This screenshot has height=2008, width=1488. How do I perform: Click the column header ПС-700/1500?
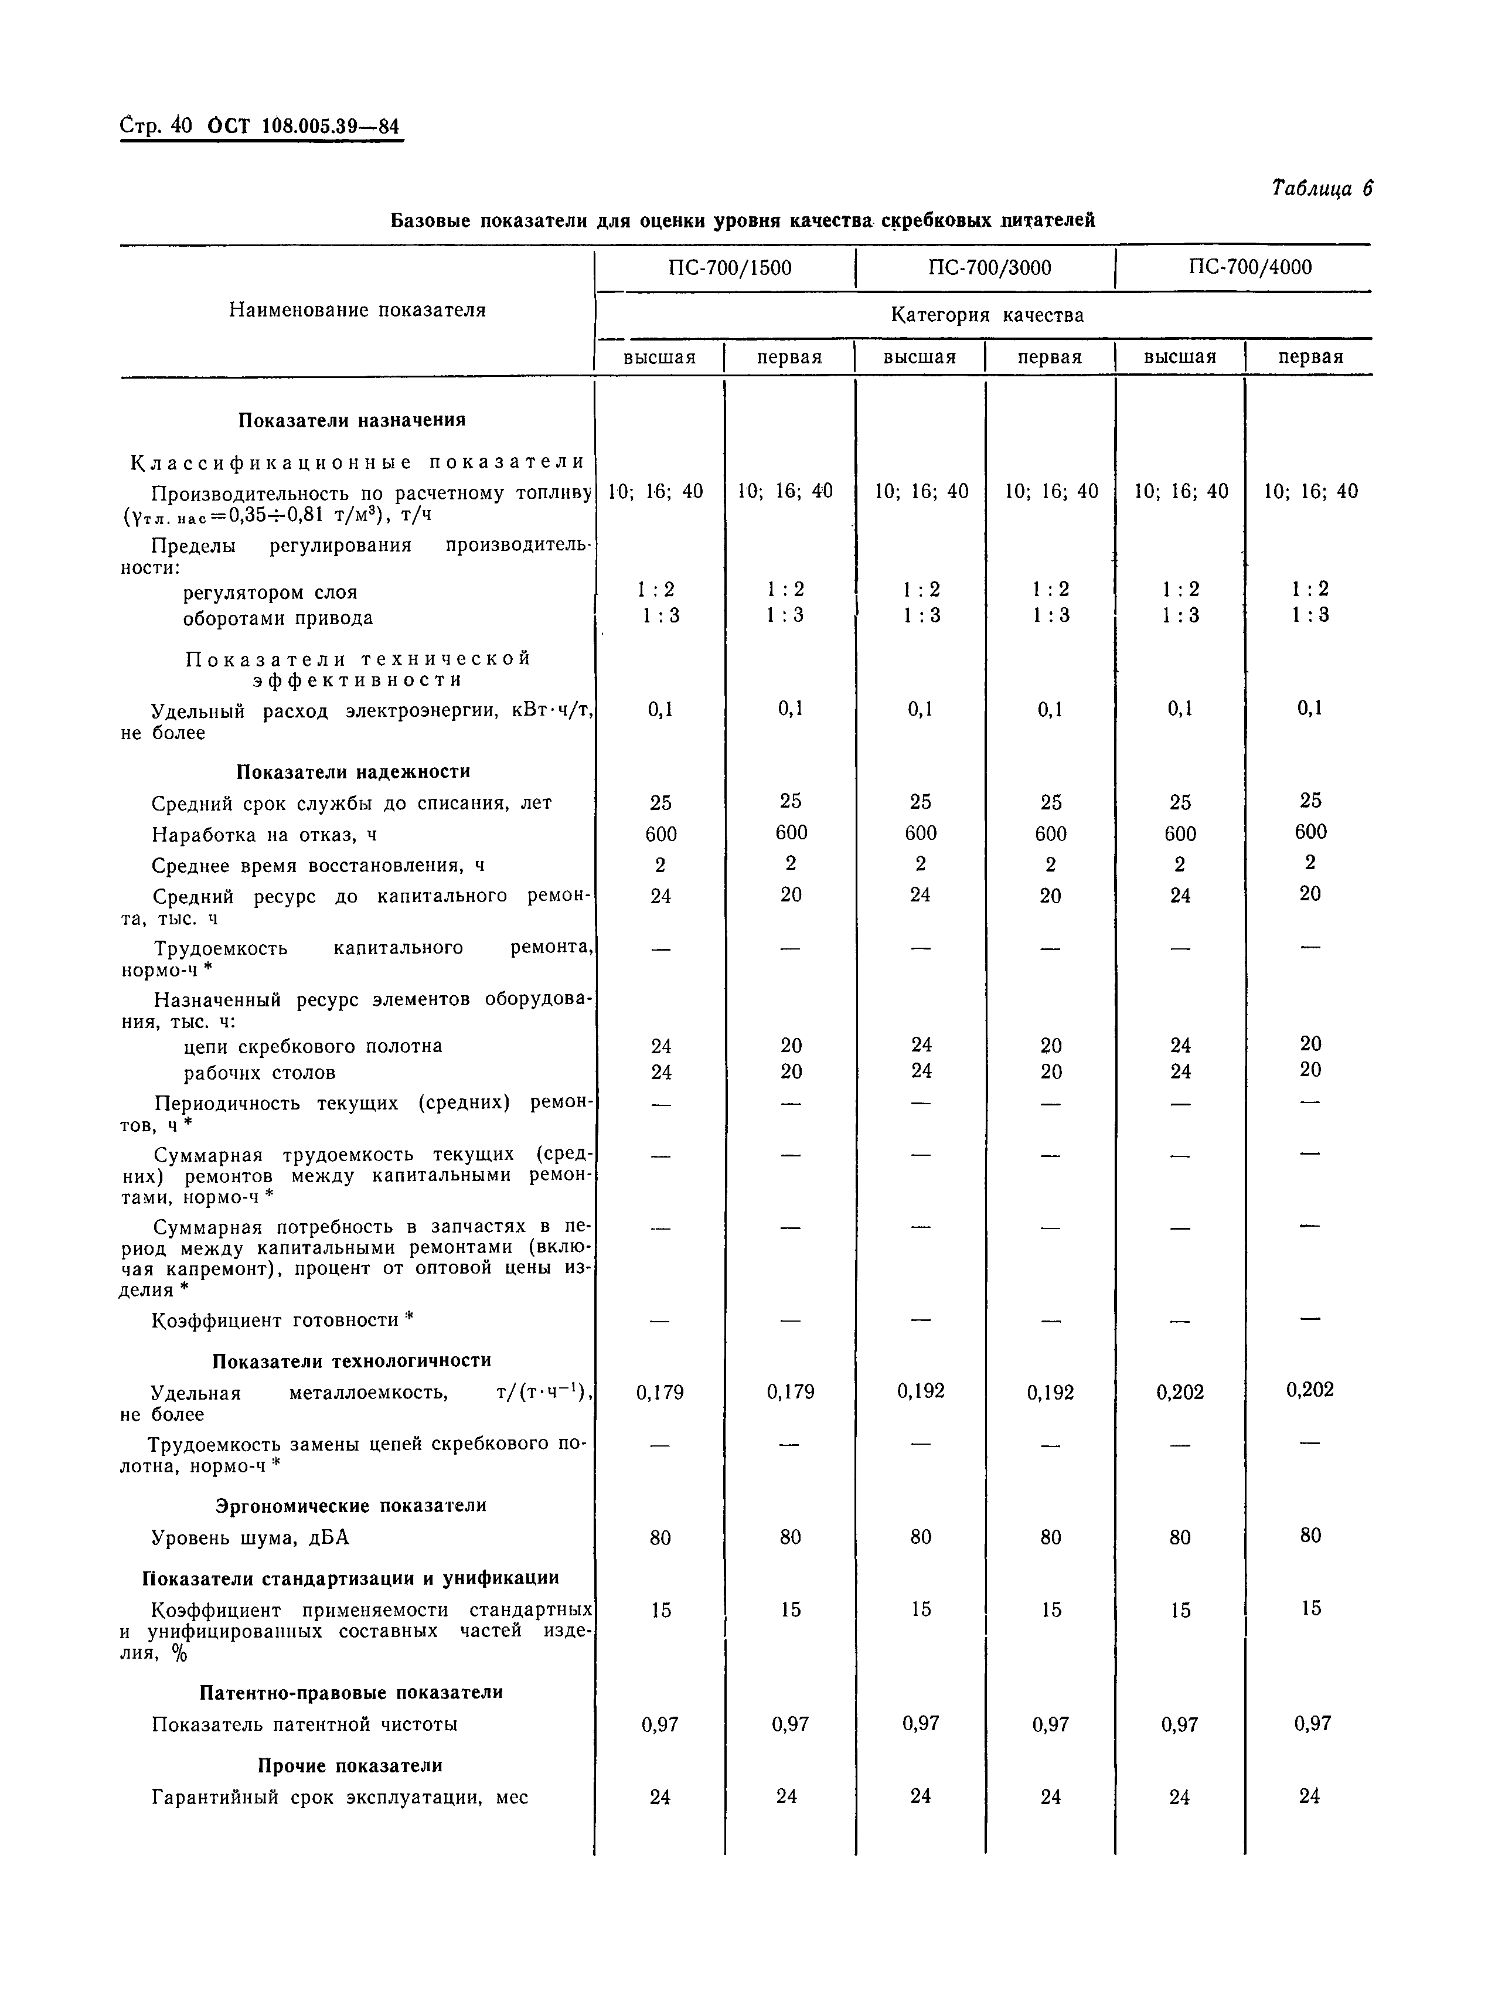tap(730, 267)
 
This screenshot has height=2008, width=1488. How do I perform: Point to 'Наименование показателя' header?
tap(357, 310)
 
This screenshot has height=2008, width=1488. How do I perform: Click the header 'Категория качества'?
tap(987, 315)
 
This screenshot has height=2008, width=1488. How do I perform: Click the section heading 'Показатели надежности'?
tap(353, 771)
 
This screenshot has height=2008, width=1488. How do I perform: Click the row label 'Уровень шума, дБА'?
tap(250, 1538)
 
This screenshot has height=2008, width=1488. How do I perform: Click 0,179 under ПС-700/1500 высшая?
tap(660, 1393)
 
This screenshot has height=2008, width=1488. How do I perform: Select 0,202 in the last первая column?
tap(1310, 1390)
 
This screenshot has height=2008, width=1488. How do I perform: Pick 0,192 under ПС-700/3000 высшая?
tap(921, 1391)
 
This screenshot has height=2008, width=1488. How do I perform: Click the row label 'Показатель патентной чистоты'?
tap(304, 1724)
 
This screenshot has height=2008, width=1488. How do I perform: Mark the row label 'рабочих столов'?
tap(260, 1073)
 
